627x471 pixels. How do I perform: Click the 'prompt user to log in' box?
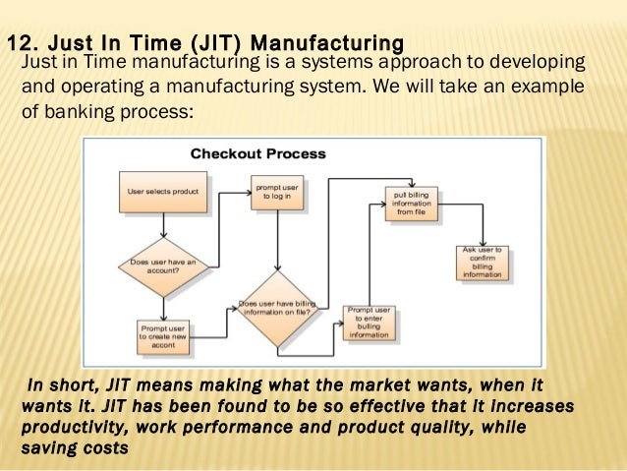[x=277, y=191]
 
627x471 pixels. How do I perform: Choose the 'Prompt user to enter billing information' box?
[x=369, y=323]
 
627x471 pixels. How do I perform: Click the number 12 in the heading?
[x=21, y=43]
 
